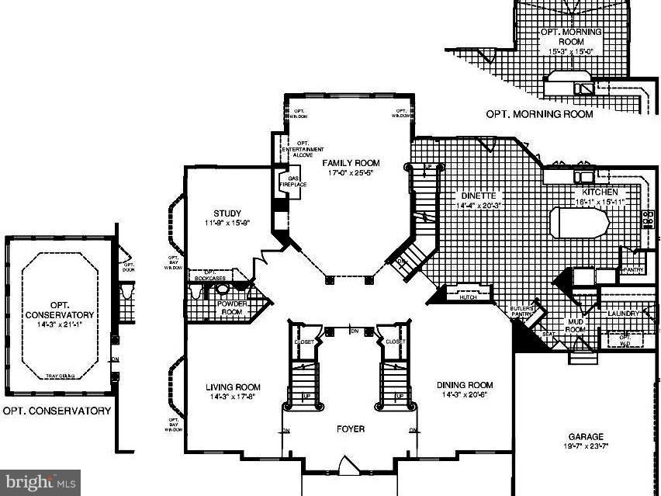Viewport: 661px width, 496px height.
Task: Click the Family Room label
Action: click(x=351, y=163)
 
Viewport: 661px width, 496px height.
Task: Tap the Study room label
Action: click(x=227, y=213)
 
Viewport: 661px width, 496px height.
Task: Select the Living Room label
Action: click(x=233, y=387)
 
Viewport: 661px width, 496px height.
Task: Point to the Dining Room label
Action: click(x=465, y=385)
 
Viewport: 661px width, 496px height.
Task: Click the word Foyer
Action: click(x=350, y=428)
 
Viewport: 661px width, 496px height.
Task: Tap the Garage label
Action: click(x=586, y=437)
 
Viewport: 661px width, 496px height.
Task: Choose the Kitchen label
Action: click(x=600, y=192)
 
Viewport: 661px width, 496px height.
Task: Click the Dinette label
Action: click(x=476, y=196)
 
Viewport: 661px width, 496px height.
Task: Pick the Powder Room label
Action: click(x=231, y=307)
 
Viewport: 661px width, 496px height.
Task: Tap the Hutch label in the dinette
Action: click(x=468, y=297)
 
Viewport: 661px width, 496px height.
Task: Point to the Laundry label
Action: click(x=623, y=313)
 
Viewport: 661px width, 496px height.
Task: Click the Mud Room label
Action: click(x=576, y=324)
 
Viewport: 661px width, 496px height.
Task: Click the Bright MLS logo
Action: click(x=40, y=483)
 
